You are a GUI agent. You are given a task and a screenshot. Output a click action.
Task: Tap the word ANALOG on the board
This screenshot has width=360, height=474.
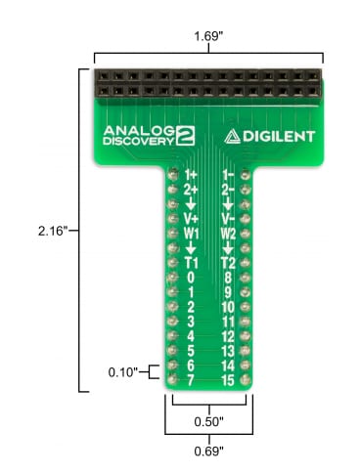pyautogui.click(x=137, y=130)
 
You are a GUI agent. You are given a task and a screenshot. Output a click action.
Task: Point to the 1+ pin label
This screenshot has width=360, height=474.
pyautogui.click(x=192, y=177)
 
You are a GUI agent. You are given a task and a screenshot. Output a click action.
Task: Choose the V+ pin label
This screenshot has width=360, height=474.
pyautogui.click(x=192, y=219)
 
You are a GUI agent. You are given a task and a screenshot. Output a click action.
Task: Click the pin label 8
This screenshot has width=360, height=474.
pyautogui.click(x=227, y=278)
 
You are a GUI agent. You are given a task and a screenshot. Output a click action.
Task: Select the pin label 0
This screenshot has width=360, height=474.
pyautogui.click(x=192, y=278)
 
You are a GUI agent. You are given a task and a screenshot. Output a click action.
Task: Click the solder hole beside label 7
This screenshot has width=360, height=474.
pyautogui.click(x=169, y=379)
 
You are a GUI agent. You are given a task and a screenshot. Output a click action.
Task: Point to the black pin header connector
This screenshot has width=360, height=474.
pyautogui.click(x=207, y=85)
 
